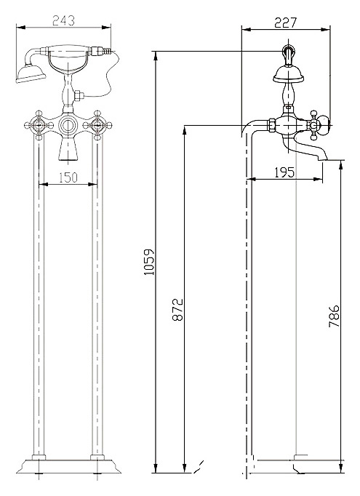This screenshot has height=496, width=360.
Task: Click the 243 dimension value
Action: (63, 20)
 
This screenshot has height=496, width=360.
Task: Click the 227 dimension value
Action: (285, 23)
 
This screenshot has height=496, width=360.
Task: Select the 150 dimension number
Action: (68, 177)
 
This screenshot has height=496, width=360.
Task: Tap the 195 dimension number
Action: (284, 172)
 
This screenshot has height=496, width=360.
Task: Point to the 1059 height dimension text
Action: (148, 262)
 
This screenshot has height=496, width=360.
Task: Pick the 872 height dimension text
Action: (177, 309)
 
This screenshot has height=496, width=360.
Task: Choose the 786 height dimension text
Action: (334, 316)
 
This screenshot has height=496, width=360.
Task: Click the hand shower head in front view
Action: (31, 74)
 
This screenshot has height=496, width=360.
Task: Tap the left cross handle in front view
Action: (39, 125)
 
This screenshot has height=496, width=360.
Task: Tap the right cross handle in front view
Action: (97, 125)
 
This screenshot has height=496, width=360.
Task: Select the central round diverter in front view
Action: (68, 125)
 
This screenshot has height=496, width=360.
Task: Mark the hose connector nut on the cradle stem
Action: (79, 95)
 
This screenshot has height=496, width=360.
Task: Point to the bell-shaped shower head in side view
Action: (288, 74)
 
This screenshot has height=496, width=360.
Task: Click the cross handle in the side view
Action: (313, 125)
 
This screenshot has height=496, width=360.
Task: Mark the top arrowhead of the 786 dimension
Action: (340, 165)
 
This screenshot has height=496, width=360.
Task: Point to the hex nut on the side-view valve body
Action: (272, 125)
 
